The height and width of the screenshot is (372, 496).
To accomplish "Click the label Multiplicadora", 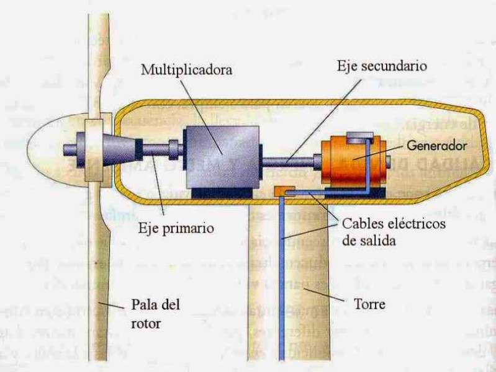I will tap(186, 69).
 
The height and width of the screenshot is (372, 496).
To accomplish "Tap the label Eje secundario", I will tap(371, 64).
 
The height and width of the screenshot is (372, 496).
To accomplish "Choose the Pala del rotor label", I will tap(155, 312).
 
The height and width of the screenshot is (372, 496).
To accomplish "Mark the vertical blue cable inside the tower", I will tap(281, 279).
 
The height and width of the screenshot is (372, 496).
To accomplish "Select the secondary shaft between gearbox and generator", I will tap(288, 162).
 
